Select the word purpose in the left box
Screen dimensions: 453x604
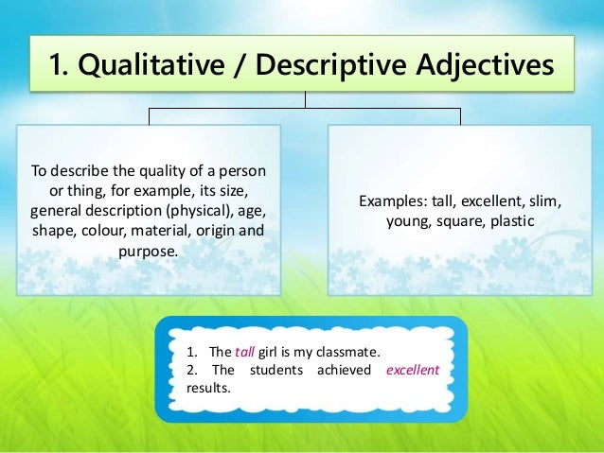150,252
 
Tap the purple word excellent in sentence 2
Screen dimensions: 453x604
413,370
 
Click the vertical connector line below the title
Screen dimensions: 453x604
304,100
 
